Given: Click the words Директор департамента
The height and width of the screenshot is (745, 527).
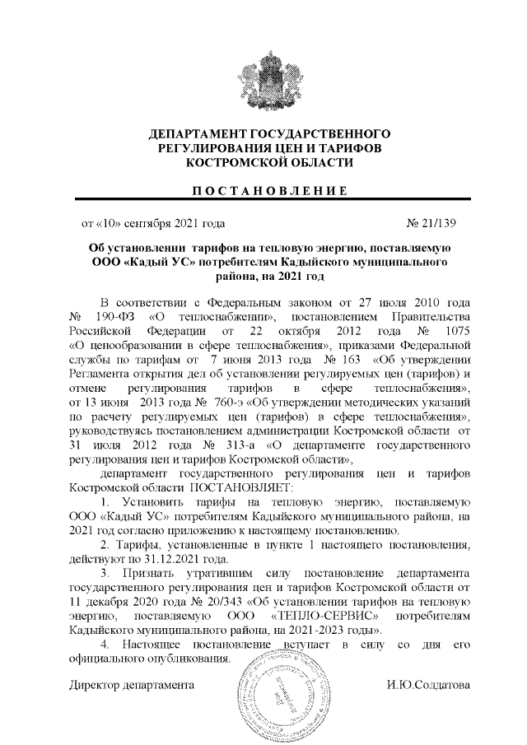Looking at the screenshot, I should [131, 685].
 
